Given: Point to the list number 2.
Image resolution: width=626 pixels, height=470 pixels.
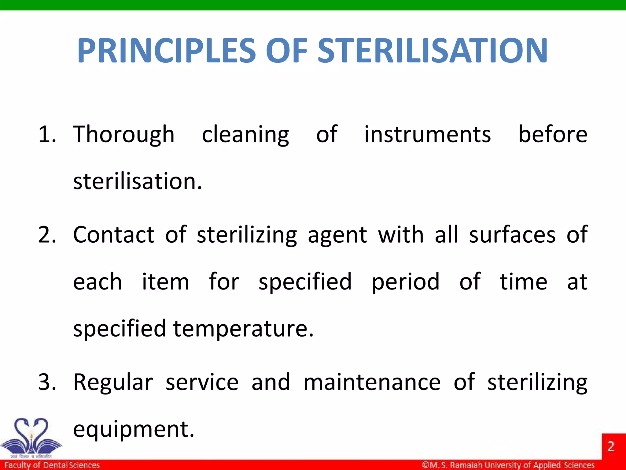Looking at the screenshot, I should point(46,235).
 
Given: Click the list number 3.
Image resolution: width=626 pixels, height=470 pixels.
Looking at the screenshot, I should point(46,382).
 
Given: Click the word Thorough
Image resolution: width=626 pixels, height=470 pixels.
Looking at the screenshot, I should point(123,135).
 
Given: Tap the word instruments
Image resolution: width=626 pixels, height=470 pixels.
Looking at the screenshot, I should point(427,135).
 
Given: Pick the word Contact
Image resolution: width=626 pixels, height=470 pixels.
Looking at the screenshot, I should point(114,235).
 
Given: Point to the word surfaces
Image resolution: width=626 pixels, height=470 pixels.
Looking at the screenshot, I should point(512,235).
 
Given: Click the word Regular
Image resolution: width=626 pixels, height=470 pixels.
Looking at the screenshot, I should point(113,382).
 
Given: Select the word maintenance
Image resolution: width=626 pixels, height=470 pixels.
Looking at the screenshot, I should point(372,382).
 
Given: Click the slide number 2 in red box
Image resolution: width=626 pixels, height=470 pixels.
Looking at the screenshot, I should point(611,446).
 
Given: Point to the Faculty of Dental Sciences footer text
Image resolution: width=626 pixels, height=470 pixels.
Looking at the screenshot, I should point(52,465).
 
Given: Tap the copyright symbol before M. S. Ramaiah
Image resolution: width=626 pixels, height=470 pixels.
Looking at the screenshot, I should point(425,465).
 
